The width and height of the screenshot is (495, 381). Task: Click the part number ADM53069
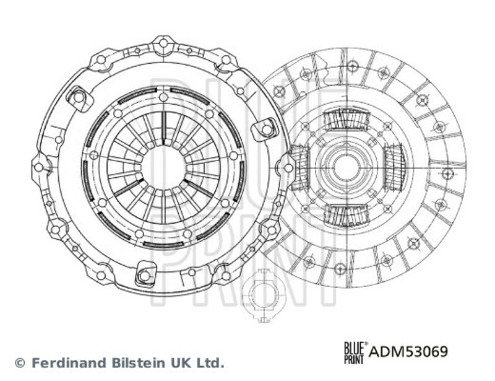pyautogui.click(x=408, y=351)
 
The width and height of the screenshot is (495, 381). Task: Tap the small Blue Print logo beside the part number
pyautogui.click(x=356, y=353)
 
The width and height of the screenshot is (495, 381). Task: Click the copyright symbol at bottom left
pyautogui.click(x=20, y=363)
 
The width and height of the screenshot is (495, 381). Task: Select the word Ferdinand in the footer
pyautogui.click(x=69, y=362)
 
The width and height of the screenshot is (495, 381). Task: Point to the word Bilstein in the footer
pyautogui.click(x=137, y=362)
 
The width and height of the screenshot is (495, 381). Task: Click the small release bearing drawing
pyautogui.click(x=262, y=296)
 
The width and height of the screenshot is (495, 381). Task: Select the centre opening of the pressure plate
pyautogui.click(x=163, y=167)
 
